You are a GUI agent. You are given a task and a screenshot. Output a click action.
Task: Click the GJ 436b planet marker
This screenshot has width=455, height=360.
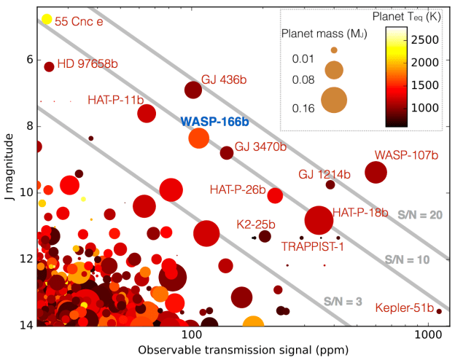pos(193,90)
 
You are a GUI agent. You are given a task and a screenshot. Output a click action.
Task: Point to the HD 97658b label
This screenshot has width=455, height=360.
pos(87,63)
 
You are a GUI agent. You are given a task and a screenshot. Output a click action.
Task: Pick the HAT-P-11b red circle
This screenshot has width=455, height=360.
pos(147,113)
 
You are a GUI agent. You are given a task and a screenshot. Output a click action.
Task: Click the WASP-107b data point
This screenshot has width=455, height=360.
pos(376,172)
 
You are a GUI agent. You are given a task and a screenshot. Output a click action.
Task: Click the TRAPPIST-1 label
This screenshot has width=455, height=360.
pos(313,246)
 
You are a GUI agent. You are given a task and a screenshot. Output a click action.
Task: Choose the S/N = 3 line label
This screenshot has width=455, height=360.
pos(343,301)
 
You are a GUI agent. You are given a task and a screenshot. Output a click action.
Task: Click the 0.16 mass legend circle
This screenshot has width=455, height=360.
pos(335,99)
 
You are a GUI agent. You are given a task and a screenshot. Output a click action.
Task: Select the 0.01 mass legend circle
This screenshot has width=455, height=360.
pos(334,50)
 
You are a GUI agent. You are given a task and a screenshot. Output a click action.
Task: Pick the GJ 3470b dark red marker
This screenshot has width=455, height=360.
pos(227,153)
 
